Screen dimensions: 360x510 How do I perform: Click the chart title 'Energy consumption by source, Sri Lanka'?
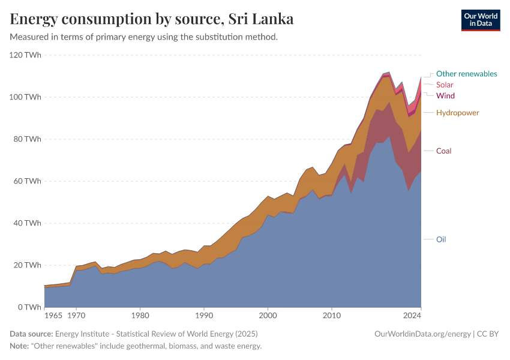[x=152, y=19]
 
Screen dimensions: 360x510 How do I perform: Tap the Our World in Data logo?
[x=480, y=20]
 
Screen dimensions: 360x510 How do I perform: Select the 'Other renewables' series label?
[x=466, y=74]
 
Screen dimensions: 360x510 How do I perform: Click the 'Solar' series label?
[x=445, y=85]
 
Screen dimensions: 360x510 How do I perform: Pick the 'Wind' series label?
[x=445, y=96]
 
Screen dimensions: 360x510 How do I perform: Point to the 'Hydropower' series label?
[x=457, y=113]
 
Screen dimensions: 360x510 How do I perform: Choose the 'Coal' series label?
[x=443, y=151]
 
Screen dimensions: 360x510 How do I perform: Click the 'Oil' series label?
[x=441, y=239]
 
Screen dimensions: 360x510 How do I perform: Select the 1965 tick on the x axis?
[x=53, y=314]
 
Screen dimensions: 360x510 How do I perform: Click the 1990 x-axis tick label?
[x=204, y=314]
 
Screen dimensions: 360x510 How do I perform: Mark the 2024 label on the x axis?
[x=412, y=314]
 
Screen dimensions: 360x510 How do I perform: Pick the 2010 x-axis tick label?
[x=332, y=314]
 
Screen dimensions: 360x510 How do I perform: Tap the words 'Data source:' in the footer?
[x=31, y=334]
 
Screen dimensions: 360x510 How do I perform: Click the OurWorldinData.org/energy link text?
[x=422, y=334]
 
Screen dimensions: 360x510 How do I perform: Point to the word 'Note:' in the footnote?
[x=21, y=346]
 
